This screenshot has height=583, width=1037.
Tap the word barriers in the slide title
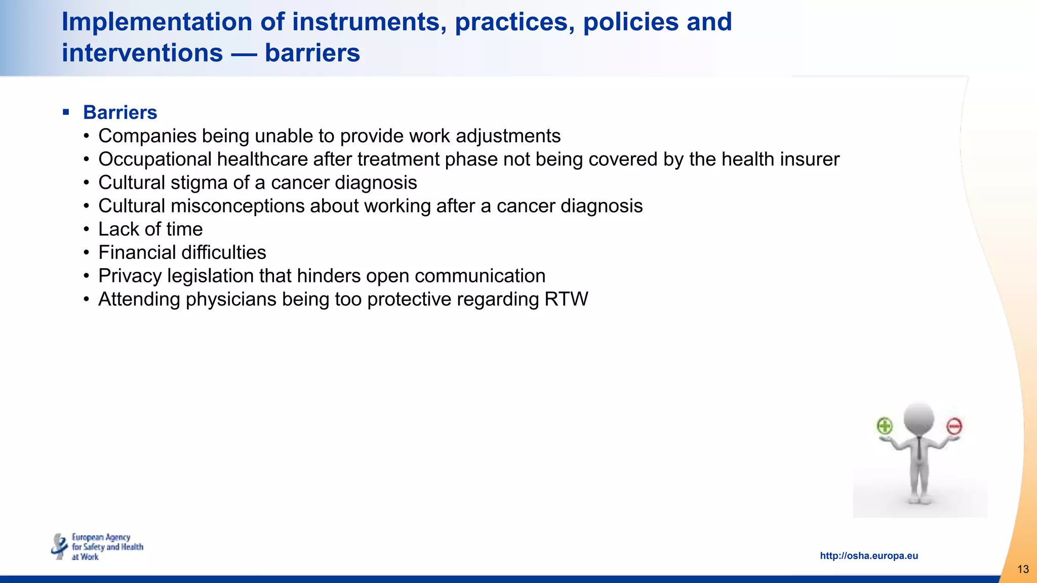tap(312, 53)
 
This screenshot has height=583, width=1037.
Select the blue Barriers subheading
tap(120, 112)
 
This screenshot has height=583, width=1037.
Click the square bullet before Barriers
tap(66, 112)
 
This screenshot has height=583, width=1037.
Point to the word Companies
tap(147, 136)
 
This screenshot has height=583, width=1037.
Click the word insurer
tap(809, 159)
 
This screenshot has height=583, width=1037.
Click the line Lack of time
tap(150, 229)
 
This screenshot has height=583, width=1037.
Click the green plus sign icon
tap(885, 426)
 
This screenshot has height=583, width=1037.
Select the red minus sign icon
tap(954, 427)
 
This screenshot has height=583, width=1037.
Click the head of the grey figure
tap(919, 418)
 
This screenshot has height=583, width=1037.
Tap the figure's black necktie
tap(919, 448)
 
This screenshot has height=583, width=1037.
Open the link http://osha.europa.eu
tap(868, 556)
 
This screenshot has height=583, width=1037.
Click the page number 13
tap(1023, 569)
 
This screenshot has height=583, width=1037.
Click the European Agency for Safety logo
tap(97, 547)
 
